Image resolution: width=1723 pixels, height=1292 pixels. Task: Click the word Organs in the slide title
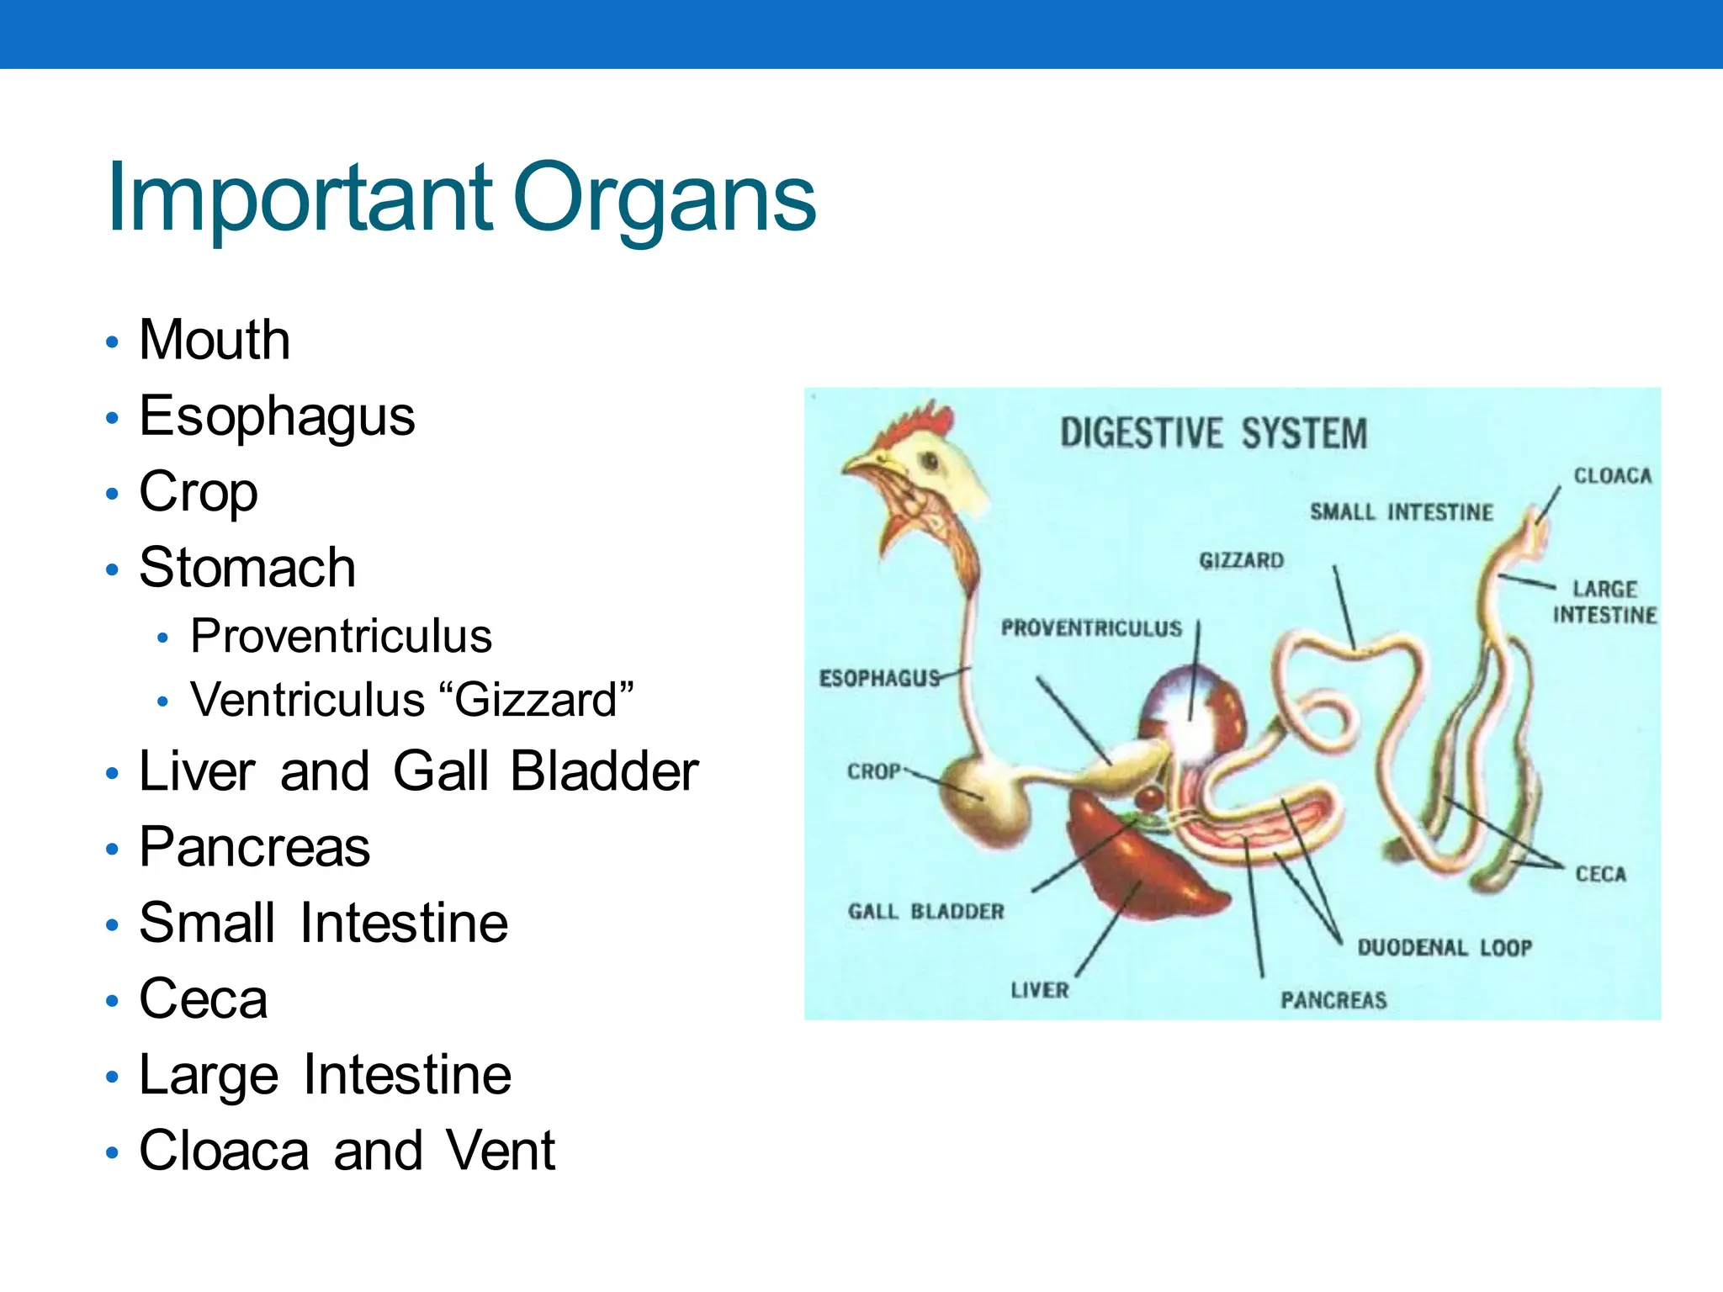point(664,199)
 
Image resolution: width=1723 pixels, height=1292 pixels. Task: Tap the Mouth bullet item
point(215,340)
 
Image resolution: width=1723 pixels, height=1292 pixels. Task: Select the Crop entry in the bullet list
point(199,491)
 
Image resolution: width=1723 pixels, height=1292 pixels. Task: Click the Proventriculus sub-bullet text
point(341,636)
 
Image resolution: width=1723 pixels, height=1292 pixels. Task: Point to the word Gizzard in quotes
point(538,700)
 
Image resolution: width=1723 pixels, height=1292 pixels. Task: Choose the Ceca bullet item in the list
point(203,998)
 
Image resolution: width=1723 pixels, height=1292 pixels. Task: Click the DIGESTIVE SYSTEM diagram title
point(1213,434)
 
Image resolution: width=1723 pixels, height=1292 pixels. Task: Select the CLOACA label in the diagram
point(1612,476)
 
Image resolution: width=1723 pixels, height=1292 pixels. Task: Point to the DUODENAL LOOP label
point(1444,948)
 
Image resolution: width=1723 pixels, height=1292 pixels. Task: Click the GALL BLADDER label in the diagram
point(925,912)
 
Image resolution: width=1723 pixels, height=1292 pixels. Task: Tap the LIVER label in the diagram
point(1039,990)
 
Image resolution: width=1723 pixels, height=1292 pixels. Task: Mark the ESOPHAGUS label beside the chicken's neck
point(878,678)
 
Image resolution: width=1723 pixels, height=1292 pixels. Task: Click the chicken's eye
point(930,461)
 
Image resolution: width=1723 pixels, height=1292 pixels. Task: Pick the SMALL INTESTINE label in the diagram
point(1401,512)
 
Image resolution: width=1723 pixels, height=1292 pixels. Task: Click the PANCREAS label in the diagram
point(1333,1000)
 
